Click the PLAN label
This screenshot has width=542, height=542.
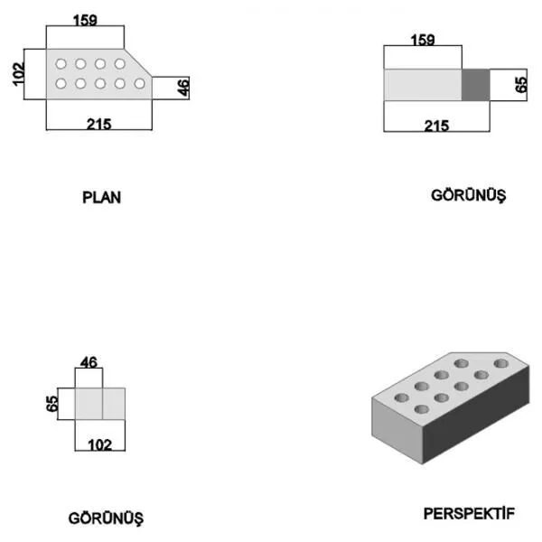(101, 197)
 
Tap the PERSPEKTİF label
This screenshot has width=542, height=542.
(469, 513)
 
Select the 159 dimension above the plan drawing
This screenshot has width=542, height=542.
(85, 21)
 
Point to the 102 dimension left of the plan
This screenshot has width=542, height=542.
(18, 74)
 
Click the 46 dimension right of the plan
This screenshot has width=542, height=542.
(183, 87)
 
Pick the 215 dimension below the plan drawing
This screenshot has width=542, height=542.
(98, 124)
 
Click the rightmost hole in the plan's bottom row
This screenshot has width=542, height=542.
(140, 84)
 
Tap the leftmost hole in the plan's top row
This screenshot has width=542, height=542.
(61, 64)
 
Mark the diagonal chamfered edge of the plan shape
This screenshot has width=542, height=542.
(138, 63)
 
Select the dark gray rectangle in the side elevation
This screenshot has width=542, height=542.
(476, 85)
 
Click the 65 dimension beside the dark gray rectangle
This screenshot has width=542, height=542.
(520, 85)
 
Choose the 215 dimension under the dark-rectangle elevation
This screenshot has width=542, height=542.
(436, 126)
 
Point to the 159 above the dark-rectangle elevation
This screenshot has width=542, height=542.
(423, 40)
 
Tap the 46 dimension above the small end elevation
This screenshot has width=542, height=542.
(89, 362)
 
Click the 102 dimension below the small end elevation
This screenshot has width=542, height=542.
(100, 444)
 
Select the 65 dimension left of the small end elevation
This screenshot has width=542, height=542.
(51, 404)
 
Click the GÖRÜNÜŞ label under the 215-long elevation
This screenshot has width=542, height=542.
(468, 196)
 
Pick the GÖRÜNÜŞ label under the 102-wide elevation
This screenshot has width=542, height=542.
(106, 519)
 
